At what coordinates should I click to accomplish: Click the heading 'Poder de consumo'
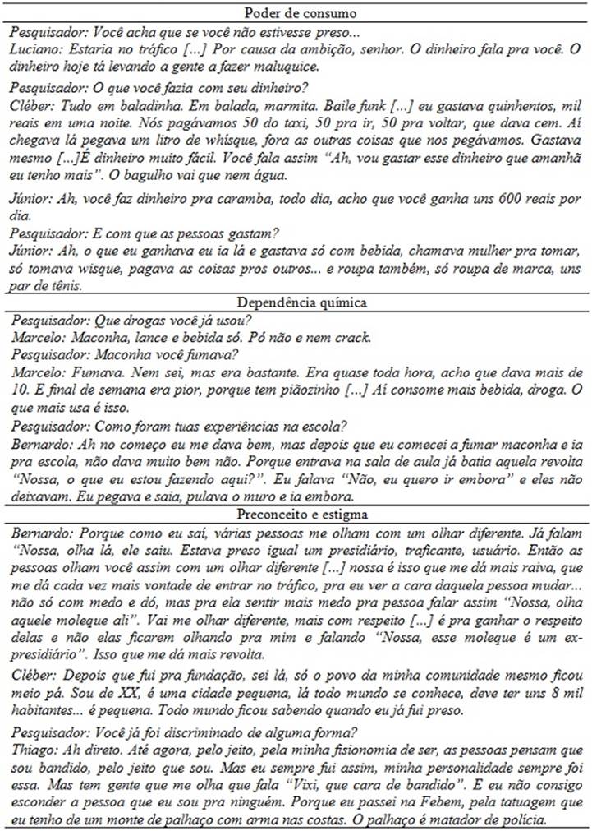tap(296, 11)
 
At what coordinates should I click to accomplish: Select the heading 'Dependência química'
tap(296, 302)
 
